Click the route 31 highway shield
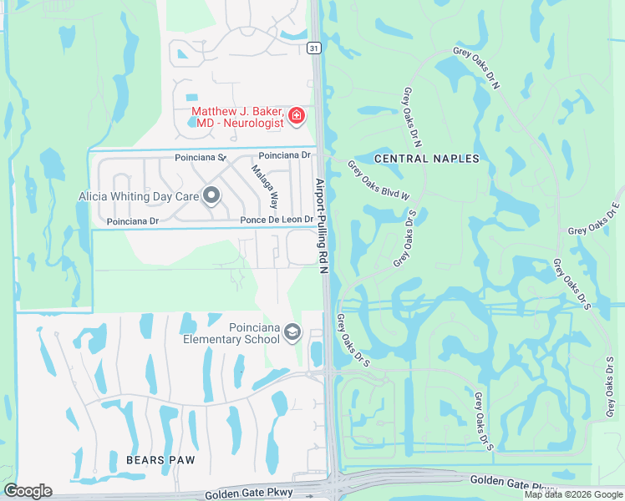coord(312,48)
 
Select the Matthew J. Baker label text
coord(238,111)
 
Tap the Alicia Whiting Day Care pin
coord(211,196)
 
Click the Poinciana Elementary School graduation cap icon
coord(292,333)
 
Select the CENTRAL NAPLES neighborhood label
coord(427,159)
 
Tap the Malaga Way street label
coord(265,187)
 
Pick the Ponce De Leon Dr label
coord(277,220)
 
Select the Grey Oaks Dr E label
coord(595,219)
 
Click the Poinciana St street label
coord(201,157)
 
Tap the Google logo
coord(28,491)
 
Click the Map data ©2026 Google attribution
coord(574,494)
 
